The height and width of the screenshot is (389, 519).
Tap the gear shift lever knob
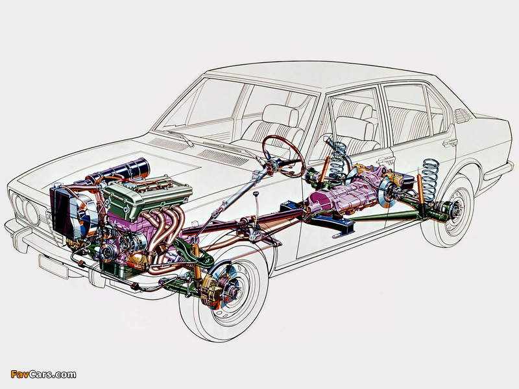tap(255, 193)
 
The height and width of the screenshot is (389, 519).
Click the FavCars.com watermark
tap(43, 374)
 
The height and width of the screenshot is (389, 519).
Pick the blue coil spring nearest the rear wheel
tap(430, 180)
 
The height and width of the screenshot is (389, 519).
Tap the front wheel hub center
tap(236, 292)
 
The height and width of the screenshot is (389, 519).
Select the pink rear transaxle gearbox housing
tap(344, 195)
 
